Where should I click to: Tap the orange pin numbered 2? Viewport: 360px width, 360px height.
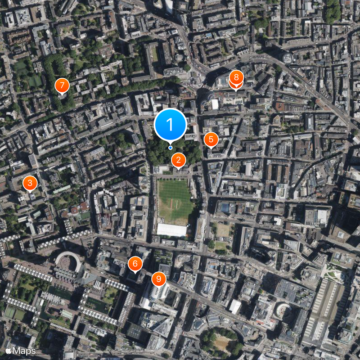[179, 160]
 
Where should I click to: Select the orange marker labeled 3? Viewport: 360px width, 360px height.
[30, 183]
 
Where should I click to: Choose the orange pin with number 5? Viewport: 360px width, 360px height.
[211, 139]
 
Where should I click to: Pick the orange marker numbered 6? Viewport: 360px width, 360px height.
[135, 264]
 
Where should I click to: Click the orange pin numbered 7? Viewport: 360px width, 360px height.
[62, 85]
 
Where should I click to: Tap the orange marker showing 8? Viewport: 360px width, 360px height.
[236, 78]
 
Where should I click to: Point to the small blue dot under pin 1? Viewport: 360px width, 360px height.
[170, 148]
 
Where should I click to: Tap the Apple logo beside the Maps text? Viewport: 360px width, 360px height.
[8, 350]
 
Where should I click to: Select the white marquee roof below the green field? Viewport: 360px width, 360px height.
[171, 230]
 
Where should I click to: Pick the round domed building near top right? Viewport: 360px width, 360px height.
[288, 58]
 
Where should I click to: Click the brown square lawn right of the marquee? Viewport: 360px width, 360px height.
[223, 230]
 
